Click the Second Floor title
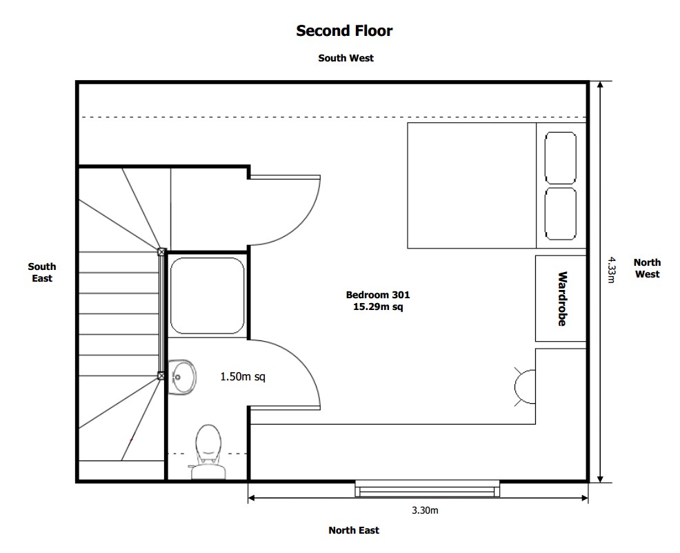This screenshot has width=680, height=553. (x=344, y=30)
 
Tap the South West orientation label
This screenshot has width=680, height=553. (x=346, y=58)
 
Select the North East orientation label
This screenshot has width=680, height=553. (x=353, y=530)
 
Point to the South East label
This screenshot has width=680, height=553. (x=42, y=272)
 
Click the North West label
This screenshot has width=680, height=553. (x=646, y=268)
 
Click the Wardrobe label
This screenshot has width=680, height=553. (x=562, y=298)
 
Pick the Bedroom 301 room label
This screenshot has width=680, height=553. (x=373, y=295)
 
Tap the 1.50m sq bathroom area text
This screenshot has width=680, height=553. (x=242, y=377)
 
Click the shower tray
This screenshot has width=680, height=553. (x=207, y=295)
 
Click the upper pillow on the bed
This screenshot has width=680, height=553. (x=560, y=158)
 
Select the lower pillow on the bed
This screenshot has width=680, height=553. (x=560, y=214)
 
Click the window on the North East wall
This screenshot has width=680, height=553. (x=427, y=489)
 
